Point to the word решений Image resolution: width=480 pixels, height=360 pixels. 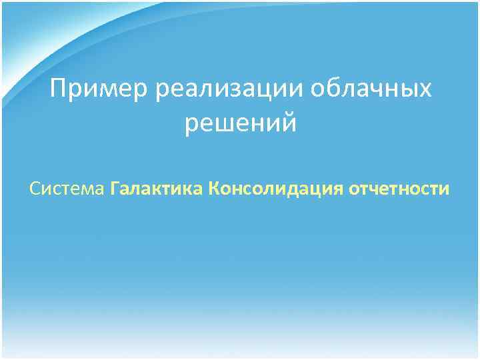click(x=241, y=123)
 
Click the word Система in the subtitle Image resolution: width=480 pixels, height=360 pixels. click(x=67, y=189)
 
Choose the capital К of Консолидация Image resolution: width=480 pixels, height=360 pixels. click(x=214, y=189)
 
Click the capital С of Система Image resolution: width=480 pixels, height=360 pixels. click(x=35, y=189)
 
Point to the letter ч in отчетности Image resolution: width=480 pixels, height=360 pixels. click(x=377, y=190)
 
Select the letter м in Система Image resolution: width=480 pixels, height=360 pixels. click(x=86, y=190)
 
